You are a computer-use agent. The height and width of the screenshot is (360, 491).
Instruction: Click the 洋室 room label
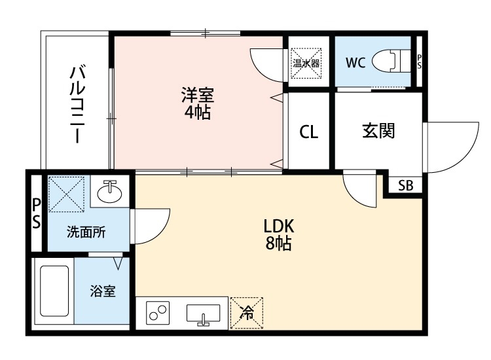197,96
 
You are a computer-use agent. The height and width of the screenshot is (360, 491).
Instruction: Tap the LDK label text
280,226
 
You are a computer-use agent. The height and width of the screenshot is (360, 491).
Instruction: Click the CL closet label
308,133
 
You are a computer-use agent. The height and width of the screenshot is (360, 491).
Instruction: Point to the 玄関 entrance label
378,132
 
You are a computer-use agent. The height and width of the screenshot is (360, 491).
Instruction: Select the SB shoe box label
406,185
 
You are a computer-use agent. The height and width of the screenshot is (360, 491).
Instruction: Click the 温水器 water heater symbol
306,63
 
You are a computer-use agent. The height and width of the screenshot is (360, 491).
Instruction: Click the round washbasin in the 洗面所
109,193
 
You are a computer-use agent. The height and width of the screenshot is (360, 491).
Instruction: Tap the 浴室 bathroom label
103,291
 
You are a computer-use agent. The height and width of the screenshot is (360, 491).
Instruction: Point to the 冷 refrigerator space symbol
247,312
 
